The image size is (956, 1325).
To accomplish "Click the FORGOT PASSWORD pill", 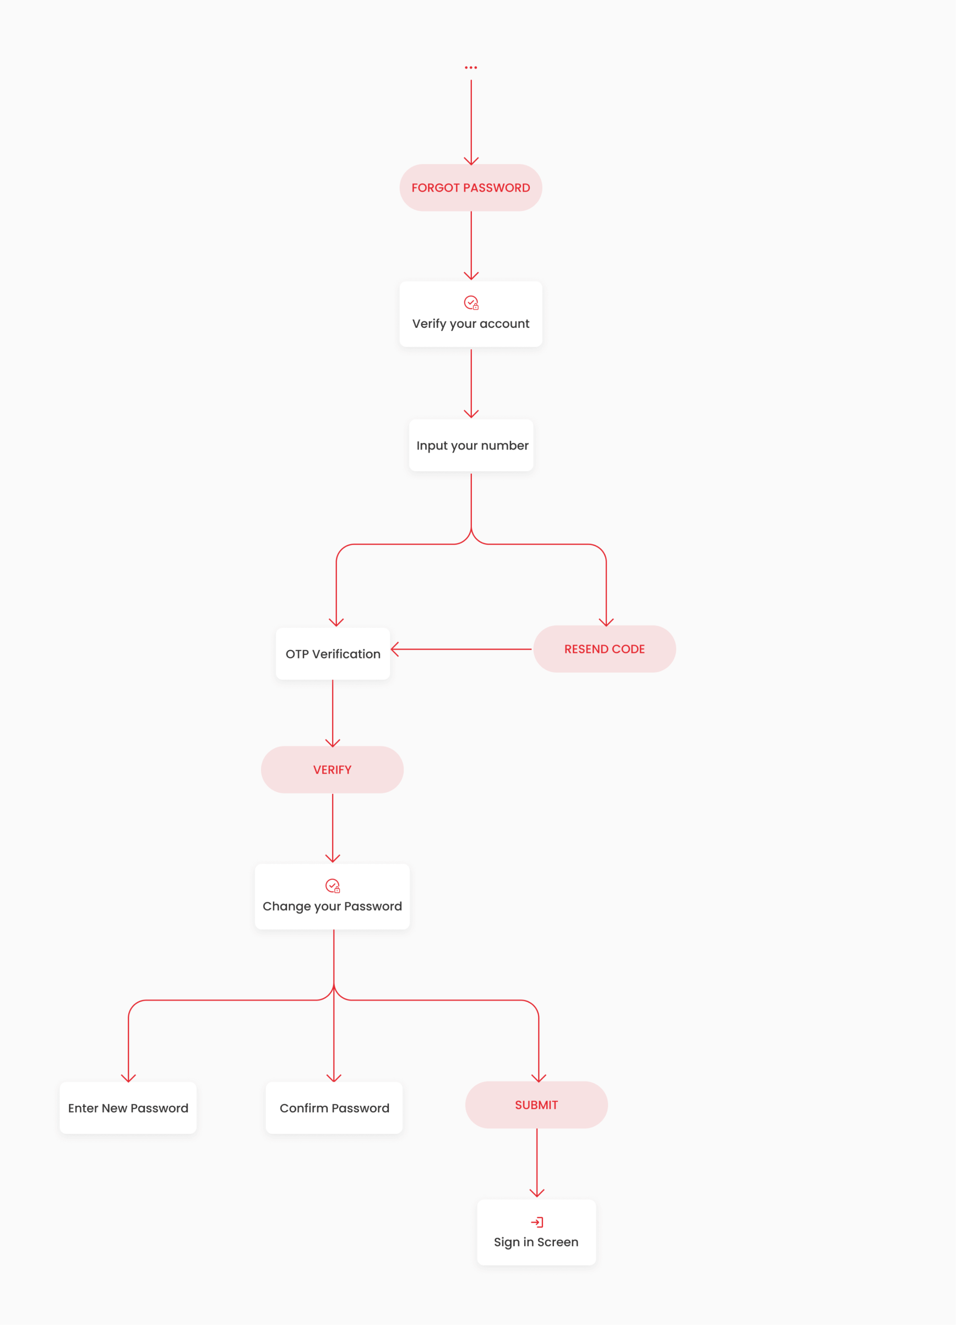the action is (x=471, y=187).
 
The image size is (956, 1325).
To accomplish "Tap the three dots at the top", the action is (x=471, y=68).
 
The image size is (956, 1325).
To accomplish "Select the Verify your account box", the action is (x=471, y=314).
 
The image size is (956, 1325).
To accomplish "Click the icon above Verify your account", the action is (x=471, y=302).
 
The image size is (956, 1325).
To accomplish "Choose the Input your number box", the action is (x=471, y=445).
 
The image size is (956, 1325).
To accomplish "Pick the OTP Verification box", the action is (x=333, y=654).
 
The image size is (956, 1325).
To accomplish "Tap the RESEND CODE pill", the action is (x=605, y=649).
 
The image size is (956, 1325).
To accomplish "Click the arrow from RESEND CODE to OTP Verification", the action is (x=461, y=649).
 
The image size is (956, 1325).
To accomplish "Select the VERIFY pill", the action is (x=332, y=770).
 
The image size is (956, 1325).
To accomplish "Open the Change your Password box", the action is (x=332, y=897).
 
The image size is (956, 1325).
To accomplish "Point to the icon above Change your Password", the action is (x=333, y=886).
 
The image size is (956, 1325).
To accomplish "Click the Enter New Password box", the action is (x=128, y=1108).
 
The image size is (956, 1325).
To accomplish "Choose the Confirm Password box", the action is (x=334, y=1108).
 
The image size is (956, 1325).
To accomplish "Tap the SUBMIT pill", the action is (x=537, y=1105).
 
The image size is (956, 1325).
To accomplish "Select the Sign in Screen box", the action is (x=537, y=1232).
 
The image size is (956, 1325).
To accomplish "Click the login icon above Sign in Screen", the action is (x=537, y=1222).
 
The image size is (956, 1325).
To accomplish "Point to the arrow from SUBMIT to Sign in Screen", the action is (x=537, y=1163).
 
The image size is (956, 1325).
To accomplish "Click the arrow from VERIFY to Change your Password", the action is (x=333, y=828).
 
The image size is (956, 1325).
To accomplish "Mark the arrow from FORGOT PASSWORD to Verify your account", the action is (x=471, y=246).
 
